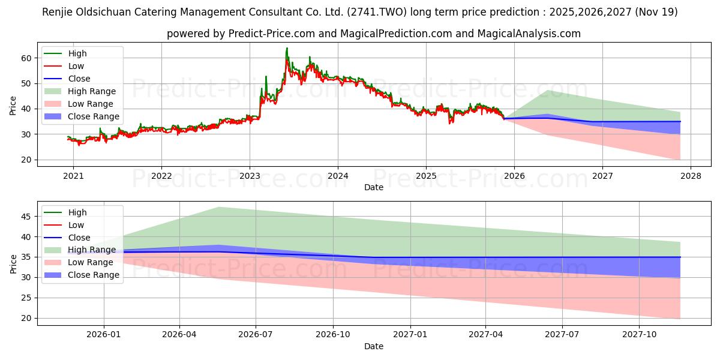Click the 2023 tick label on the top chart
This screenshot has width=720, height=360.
(x=250, y=176)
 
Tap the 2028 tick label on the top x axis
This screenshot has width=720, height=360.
(x=690, y=176)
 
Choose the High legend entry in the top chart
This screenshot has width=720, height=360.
(x=77, y=53)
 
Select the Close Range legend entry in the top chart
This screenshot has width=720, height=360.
(x=93, y=116)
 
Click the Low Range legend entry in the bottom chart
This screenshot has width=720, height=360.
(x=91, y=262)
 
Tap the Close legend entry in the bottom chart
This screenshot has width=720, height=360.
(x=79, y=238)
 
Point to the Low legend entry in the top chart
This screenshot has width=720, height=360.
(x=76, y=66)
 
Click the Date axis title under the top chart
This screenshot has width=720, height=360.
(x=373, y=187)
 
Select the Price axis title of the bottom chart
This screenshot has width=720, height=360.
(x=13, y=263)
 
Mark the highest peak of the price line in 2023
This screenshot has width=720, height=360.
(x=287, y=48)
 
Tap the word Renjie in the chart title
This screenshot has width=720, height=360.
(x=58, y=11)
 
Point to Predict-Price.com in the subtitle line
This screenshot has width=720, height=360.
(x=272, y=34)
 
